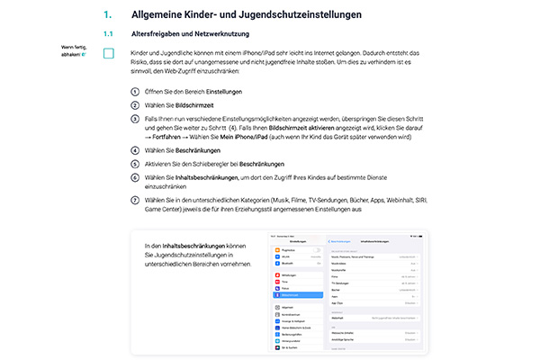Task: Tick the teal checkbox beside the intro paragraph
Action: click(109, 54)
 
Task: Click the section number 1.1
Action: click(108, 33)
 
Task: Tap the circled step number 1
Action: click(135, 93)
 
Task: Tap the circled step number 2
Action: click(135, 106)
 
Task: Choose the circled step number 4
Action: click(135, 150)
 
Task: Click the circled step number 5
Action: click(135, 164)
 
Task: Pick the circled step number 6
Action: click(135, 178)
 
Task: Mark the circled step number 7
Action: click(135, 199)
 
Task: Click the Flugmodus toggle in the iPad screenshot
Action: click(318, 249)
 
